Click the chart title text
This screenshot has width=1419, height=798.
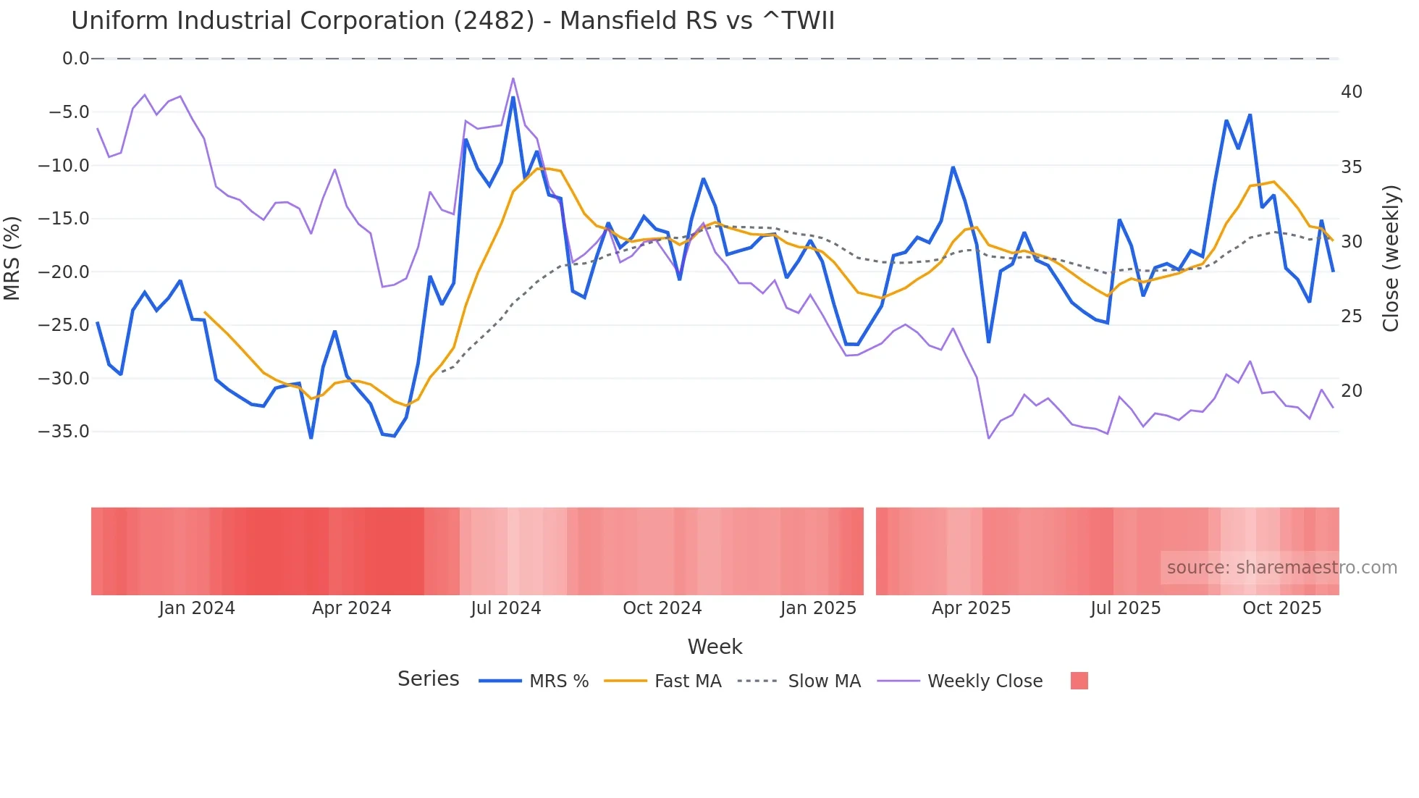(x=452, y=21)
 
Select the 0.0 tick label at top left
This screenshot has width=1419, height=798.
(x=75, y=59)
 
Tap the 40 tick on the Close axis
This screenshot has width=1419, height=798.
(x=1351, y=92)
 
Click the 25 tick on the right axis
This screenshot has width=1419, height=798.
(x=1351, y=316)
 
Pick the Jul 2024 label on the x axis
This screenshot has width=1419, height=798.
(x=505, y=608)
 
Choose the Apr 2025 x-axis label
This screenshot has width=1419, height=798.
(x=970, y=608)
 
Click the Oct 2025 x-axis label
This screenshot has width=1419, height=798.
(x=1281, y=608)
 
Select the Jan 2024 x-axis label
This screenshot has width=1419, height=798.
(x=196, y=608)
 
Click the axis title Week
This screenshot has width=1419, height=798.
(x=715, y=647)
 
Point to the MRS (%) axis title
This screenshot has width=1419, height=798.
(x=12, y=258)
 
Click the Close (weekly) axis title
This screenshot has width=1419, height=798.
(x=1390, y=258)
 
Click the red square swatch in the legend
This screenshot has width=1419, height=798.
(x=1079, y=681)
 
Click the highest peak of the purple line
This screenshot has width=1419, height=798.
(x=513, y=78)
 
